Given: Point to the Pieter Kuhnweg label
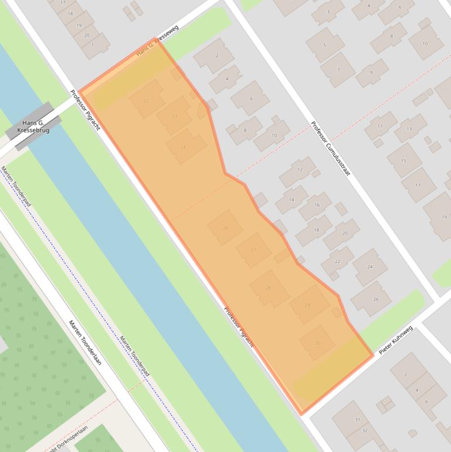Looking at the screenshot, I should (x=396, y=340).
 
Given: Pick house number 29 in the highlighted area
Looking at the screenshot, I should (x=307, y=305).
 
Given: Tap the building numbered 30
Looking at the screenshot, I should (x=317, y=343).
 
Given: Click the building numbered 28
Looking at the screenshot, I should (x=269, y=288).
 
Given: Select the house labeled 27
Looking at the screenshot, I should (x=253, y=250).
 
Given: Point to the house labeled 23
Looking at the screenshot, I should (x=174, y=116).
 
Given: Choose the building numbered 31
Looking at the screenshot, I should (x=357, y=419).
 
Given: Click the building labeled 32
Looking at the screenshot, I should (x=364, y=431).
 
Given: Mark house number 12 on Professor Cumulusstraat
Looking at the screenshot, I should (x=300, y=170).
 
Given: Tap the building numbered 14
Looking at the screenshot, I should (x=291, y=200).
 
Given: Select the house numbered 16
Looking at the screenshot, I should (x=317, y=205).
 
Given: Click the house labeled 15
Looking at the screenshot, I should (x=403, y=160).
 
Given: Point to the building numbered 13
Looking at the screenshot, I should (x=408, y=129).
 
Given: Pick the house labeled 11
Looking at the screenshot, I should (x=380, y=126).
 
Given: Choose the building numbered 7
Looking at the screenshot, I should (x=338, y=69).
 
